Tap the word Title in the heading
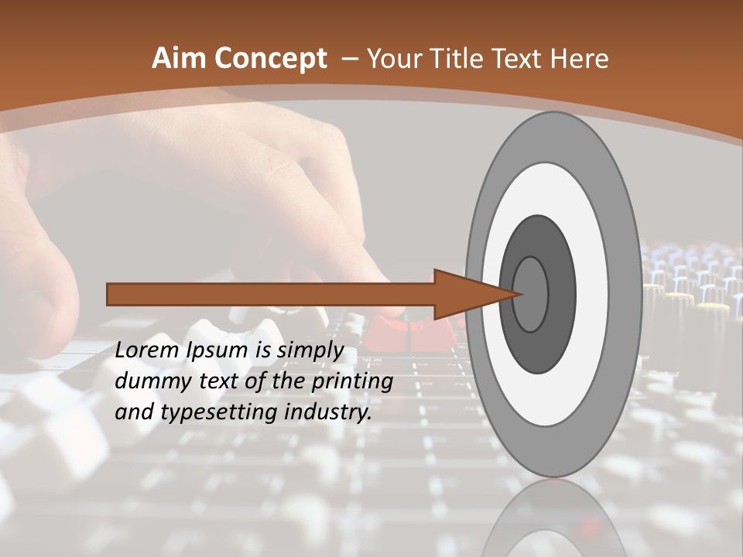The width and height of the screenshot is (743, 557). click(461, 58)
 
